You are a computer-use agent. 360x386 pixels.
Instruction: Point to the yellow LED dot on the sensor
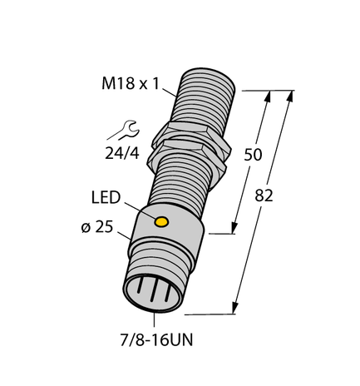coord(163,222)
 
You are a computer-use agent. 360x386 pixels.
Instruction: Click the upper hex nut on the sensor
coord(190,132)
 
